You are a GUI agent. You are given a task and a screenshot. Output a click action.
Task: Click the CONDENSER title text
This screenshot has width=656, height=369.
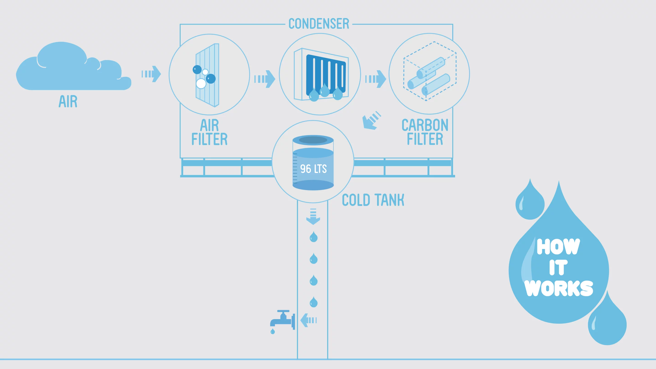click(319, 24)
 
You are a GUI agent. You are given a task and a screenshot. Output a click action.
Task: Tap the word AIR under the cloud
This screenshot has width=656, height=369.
click(68, 101)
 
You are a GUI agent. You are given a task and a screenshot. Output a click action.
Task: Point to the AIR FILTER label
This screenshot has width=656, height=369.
click(209, 132)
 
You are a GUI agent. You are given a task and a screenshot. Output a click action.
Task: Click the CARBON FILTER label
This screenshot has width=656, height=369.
click(425, 132)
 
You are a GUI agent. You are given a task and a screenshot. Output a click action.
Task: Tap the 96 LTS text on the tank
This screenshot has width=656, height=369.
click(313, 169)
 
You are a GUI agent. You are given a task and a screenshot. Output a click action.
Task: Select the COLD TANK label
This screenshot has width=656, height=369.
click(373, 200)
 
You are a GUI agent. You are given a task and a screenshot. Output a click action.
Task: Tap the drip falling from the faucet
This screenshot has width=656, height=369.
click(272, 332)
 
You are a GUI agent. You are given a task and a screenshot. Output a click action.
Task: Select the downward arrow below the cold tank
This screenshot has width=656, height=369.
click(313, 217)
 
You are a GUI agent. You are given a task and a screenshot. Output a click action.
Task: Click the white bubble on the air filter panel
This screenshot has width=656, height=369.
click(201, 83)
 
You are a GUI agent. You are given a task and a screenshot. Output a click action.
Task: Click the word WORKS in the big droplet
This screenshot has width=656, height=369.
click(559, 288)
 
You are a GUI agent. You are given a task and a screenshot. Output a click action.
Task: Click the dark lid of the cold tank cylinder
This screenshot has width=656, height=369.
click(313, 140)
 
